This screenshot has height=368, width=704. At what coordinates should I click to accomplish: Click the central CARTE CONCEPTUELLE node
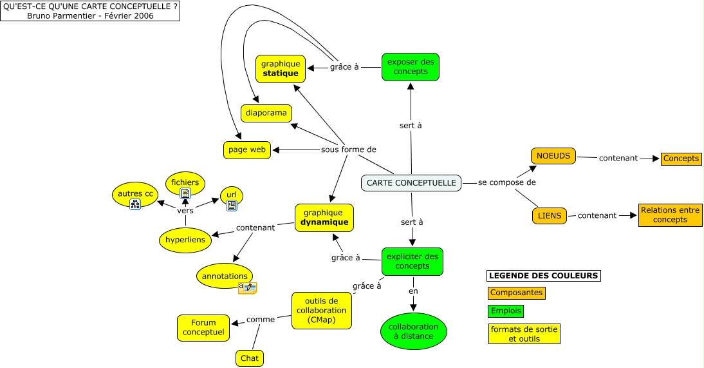pos(411,183)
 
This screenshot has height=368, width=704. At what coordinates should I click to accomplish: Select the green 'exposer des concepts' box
pos(410,67)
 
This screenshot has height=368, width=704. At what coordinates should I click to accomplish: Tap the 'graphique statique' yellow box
pos(281,68)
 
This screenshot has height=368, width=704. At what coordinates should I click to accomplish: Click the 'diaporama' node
pos(266,113)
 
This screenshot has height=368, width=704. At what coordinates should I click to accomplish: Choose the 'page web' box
pos(247,150)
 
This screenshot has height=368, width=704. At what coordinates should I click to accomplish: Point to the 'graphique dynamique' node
pos(325,217)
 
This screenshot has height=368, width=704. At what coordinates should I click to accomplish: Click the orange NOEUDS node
pos(553,156)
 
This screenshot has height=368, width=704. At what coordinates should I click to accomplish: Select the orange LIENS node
pos(549,216)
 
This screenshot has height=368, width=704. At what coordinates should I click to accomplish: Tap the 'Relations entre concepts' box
pos(670,215)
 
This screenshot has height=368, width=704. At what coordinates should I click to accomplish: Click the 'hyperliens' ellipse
pos(185,240)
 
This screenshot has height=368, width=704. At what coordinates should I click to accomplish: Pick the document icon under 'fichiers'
pos(185,193)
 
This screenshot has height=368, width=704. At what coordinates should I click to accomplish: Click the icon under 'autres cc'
pos(135,204)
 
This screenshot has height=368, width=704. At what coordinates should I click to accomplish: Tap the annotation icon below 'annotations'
pos(248,287)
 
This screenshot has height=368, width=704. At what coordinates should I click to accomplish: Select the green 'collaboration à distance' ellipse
pos(413,331)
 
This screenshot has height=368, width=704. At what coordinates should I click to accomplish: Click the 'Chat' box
pos(249,358)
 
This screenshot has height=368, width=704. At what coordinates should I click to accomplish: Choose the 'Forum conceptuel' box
pos(203,327)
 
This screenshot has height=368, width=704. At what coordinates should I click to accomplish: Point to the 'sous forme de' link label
pos(348,150)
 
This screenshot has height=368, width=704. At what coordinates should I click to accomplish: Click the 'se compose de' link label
pos(506,183)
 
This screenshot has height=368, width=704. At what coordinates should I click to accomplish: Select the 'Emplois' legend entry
pos(505,311)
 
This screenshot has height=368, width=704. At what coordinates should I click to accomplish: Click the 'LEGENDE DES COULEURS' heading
pos(543,276)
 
